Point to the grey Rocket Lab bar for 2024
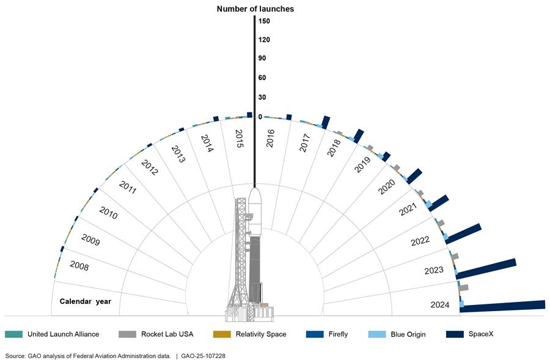click(463, 287)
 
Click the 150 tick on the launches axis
click(264, 21)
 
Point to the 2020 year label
click(387, 186)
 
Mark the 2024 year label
click(439, 304)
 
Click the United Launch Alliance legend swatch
click(13, 334)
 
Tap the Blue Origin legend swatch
click(377, 334)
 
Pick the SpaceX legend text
click(483, 334)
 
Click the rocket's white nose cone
click(255, 199)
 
